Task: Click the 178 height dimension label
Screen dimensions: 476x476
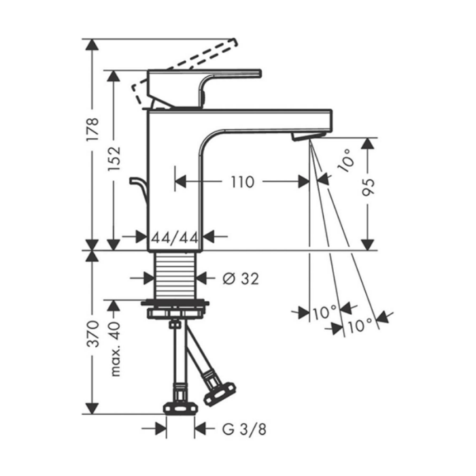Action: tap(92, 129)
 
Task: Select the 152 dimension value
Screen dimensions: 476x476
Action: tap(114, 158)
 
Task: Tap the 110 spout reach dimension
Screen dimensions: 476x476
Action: tap(243, 182)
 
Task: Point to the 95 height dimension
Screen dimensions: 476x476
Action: tap(369, 187)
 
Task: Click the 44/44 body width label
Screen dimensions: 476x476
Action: tap(175, 238)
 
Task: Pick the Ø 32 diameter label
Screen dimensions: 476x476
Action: tap(241, 279)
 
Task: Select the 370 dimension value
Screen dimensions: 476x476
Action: tap(92, 334)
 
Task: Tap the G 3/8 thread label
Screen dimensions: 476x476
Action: tap(244, 429)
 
